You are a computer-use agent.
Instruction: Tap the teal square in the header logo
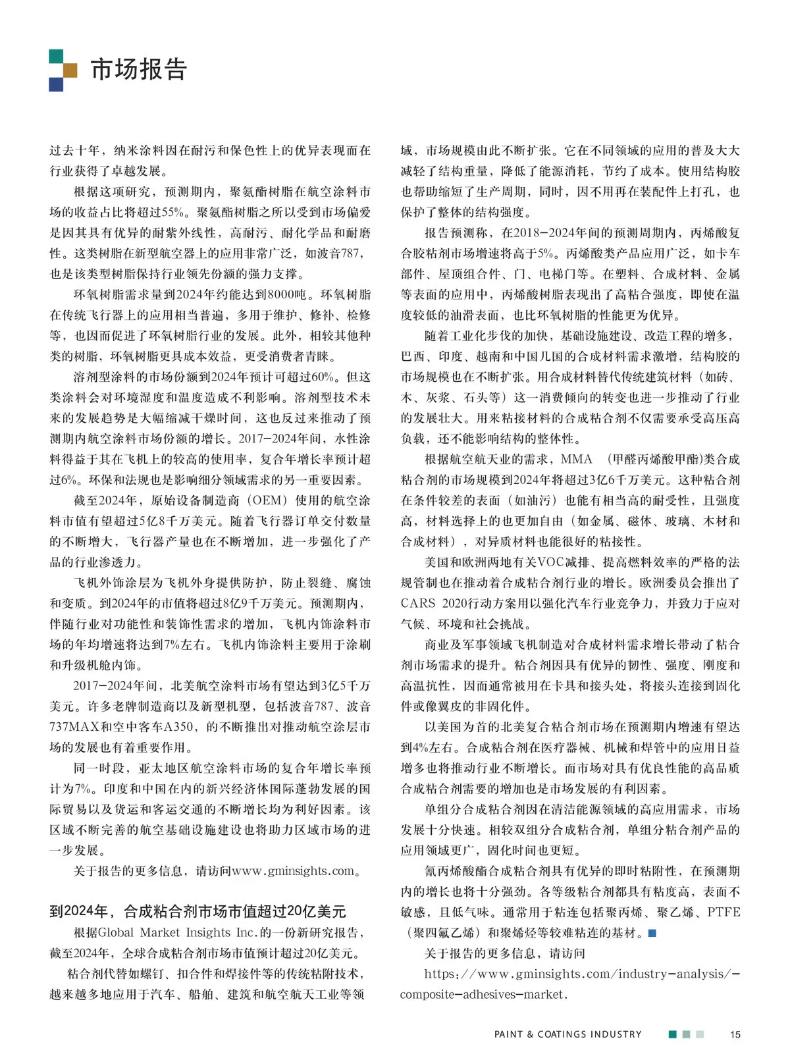click(x=56, y=56)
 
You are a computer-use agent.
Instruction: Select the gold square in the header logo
click(x=70, y=70)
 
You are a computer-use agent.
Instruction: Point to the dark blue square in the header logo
click(x=56, y=84)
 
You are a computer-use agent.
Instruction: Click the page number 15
click(x=735, y=1034)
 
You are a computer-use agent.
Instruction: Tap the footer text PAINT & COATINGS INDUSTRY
click(x=567, y=1034)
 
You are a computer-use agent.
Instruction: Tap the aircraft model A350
click(x=177, y=727)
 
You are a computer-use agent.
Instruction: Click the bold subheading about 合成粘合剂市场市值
click(x=197, y=911)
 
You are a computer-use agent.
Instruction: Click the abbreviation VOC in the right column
click(x=556, y=562)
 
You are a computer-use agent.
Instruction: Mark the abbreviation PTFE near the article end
click(x=724, y=912)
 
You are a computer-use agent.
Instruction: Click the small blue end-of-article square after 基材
click(x=652, y=933)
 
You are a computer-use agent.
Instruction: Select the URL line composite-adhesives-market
click(x=484, y=994)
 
